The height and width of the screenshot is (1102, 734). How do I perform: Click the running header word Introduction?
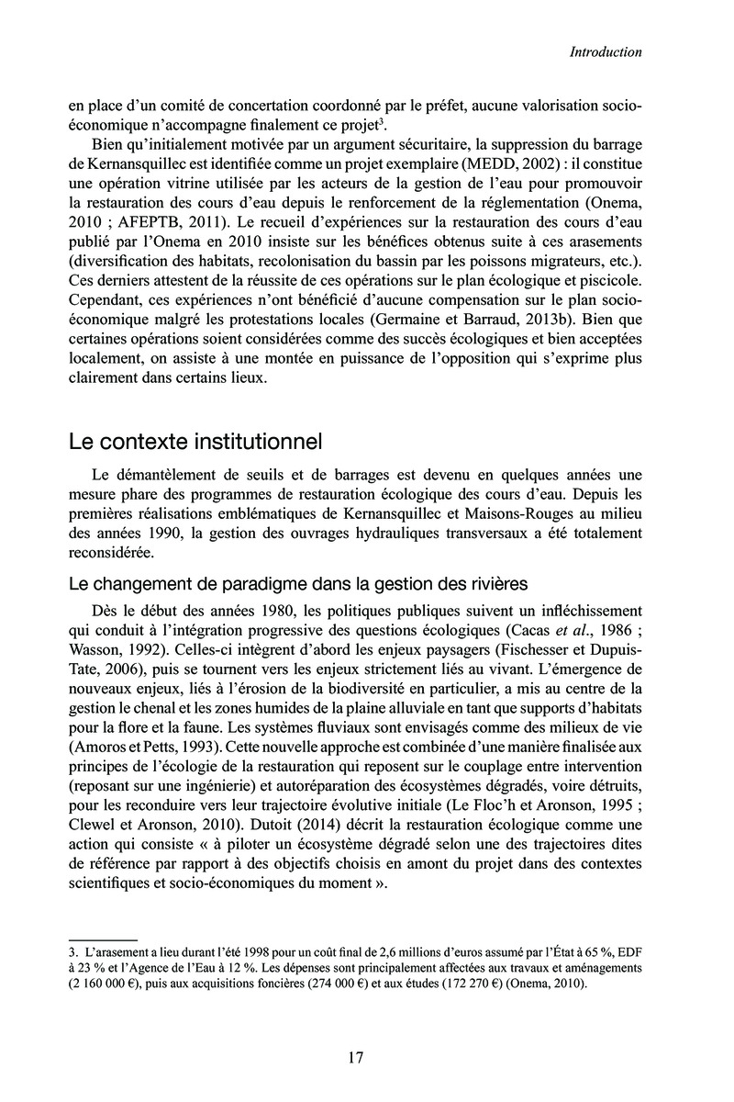(x=605, y=52)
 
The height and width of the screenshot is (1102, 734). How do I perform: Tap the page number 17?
(x=357, y=1057)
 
